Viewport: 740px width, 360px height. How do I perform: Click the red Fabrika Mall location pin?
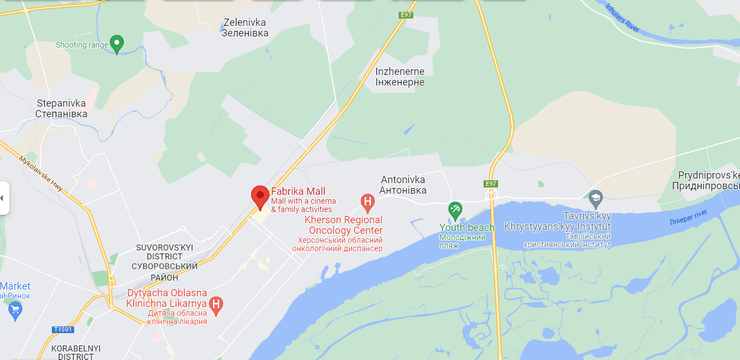point(259,196)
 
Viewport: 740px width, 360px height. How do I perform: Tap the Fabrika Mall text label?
point(298,192)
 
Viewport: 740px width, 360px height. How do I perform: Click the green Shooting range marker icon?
point(117,43)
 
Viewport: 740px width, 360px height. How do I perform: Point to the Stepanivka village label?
point(62,107)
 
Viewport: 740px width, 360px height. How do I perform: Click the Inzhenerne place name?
point(400,76)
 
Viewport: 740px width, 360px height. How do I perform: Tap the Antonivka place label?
point(410,186)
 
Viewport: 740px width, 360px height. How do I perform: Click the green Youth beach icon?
point(455,210)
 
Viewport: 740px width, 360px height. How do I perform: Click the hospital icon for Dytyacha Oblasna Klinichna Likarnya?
point(215,303)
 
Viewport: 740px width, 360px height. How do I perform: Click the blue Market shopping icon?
point(14,309)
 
